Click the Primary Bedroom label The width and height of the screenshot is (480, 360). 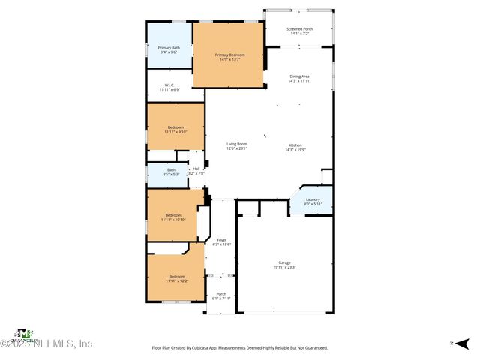(229, 55)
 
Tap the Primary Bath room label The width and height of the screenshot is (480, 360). (168, 48)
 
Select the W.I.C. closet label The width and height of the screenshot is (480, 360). (169, 85)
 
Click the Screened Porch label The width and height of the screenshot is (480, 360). (300, 29)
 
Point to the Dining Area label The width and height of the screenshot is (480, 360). (300, 76)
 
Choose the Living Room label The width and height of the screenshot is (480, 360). (237, 144)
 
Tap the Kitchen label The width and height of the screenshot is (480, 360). (295, 145)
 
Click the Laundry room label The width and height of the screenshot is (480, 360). (313, 199)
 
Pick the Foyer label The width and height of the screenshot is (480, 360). (221, 240)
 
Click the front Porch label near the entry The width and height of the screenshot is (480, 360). (221, 293)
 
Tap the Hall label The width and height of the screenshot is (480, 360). (196, 169)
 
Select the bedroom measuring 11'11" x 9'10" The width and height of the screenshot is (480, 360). (175, 127)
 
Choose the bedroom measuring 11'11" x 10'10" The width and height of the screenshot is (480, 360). (174, 214)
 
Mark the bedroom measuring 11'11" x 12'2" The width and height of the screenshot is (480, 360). (176, 276)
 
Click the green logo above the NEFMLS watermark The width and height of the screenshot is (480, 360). (25, 332)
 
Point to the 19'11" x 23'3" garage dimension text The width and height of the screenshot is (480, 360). (285, 267)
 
